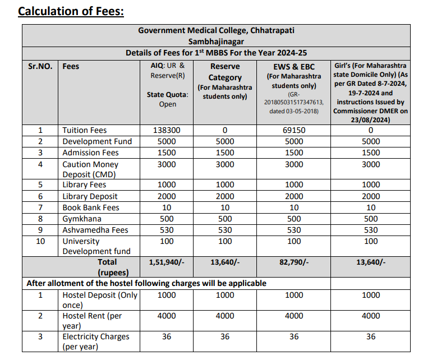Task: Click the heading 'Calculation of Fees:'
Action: pos(71,11)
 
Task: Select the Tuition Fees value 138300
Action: pos(167,130)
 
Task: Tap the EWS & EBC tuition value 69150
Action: pos(293,130)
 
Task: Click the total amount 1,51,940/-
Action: pos(167,262)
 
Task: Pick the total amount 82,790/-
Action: pos(293,262)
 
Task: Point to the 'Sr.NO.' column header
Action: pos(40,66)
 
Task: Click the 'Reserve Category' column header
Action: pos(225,72)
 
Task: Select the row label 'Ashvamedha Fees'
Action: pos(95,230)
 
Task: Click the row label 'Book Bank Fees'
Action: pos(91,207)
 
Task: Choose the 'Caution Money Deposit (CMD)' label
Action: pos(90,169)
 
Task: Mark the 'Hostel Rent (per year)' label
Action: pos(92,320)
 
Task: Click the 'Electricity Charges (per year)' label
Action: pos(96,341)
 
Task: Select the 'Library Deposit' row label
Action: pos(90,196)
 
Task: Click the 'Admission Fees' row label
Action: pos(90,153)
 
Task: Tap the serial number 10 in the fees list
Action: pos(40,241)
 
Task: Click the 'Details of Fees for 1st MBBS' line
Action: pos(216,53)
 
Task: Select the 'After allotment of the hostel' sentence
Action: pos(146,283)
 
